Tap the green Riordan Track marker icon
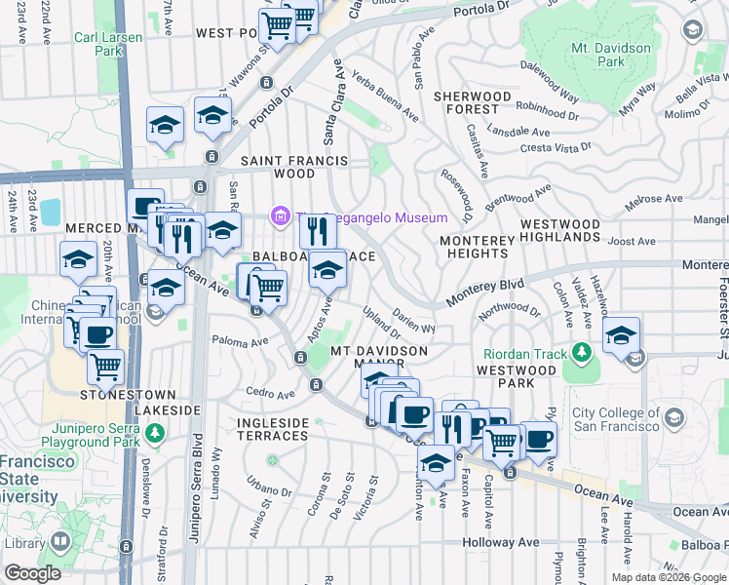coord(583,351)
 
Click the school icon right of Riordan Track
coord(621,335)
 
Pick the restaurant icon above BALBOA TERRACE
coord(317,231)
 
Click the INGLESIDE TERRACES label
coord(273,429)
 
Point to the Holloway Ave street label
coord(500,542)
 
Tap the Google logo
coord(32,573)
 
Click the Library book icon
coord(60,539)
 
